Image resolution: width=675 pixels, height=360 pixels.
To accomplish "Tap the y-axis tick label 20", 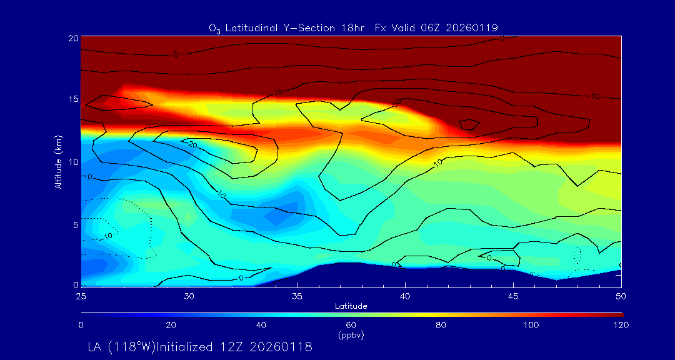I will (73, 38).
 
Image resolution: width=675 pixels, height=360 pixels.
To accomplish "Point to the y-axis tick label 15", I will (73, 99).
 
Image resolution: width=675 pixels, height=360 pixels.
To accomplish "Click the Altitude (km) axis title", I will (58, 161).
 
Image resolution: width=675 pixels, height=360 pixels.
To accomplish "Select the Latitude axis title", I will (351, 306).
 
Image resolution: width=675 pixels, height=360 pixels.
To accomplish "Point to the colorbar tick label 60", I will (351, 325).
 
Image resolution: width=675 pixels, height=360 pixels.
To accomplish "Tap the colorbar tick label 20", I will (171, 325).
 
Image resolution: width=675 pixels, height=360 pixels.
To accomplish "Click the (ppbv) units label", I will (351, 335).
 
